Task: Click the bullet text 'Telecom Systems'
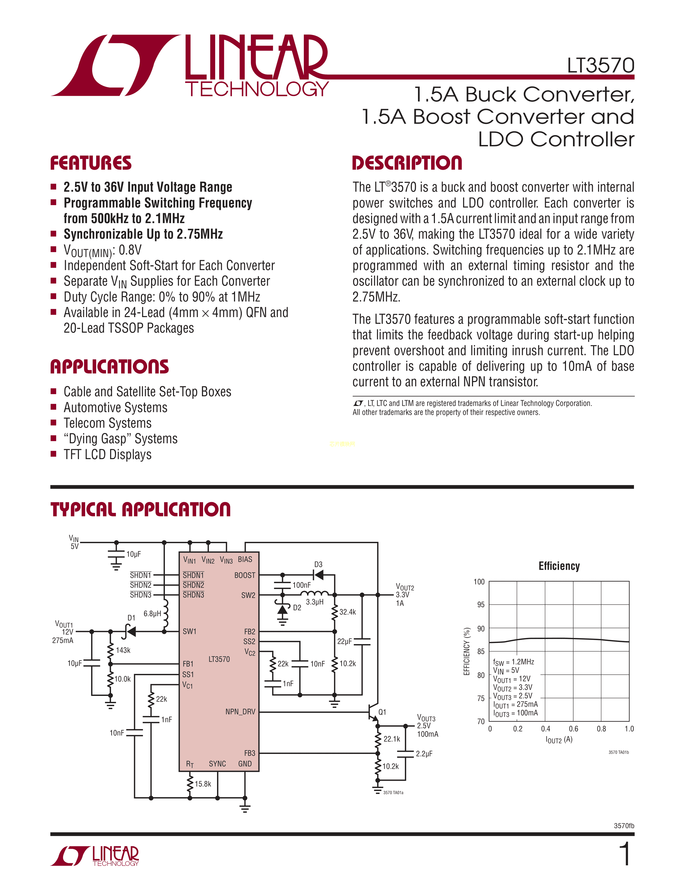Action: tap(107, 423)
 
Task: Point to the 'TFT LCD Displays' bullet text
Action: tap(107, 454)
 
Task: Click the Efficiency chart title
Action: tap(559, 566)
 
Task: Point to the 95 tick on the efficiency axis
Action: tap(481, 605)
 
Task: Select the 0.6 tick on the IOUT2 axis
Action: tap(573, 729)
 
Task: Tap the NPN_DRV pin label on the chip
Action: tap(240, 712)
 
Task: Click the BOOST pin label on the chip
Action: tap(245, 575)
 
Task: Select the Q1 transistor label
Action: tap(382, 712)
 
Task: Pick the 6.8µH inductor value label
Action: tap(152, 614)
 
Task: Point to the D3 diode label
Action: tap(318, 564)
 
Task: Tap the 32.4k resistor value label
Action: tap(348, 612)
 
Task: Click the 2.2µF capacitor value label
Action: tap(424, 754)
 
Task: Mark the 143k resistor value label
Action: tap(123, 650)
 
